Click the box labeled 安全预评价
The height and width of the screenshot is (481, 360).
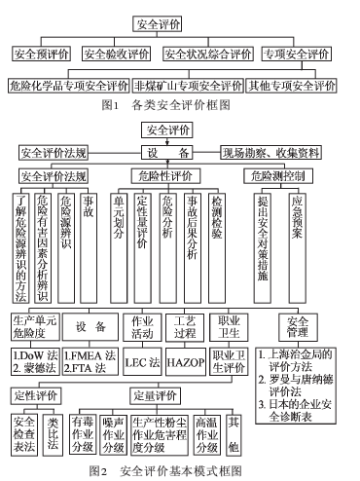pyautogui.click(x=42, y=54)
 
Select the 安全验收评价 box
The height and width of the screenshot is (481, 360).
pyautogui.click(x=116, y=54)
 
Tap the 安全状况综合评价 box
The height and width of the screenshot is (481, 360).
pyautogui.click(x=208, y=54)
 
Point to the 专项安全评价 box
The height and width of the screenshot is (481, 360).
pyautogui.click(x=297, y=54)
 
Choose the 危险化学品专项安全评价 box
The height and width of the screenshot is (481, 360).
pyautogui.click(x=69, y=86)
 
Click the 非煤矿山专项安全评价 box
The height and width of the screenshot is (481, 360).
pyautogui.click(x=188, y=86)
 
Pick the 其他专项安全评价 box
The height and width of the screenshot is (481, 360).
pyautogui.click(x=291, y=86)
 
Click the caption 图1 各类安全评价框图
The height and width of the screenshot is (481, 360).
pyautogui.click(x=166, y=105)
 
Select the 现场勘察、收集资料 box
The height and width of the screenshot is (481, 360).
pyautogui.click(x=270, y=153)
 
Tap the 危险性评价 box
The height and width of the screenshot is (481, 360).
pyautogui.click(x=165, y=176)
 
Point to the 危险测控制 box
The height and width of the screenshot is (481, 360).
pyautogui.click(x=278, y=176)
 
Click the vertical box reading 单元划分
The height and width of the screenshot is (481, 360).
pyautogui.click(x=119, y=248)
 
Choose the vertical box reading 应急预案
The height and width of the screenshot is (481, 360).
pyautogui.click(x=297, y=248)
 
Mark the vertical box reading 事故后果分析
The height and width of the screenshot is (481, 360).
pyautogui.click(x=193, y=248)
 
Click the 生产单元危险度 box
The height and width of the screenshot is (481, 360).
pyautogui.click(x=35, y=327)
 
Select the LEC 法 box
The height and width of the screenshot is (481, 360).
pyautogui.click(x=142, y=361)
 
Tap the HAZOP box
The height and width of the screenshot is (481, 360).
pyautogui.click(x=186, y=361)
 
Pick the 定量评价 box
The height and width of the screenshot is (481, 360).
pyautogui.click(x=156, y=395)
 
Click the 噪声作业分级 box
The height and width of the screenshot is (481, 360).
pyautogui.click(x=114, y=435)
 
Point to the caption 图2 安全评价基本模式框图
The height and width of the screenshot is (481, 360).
pyautogui.click(x=165, y=471)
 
